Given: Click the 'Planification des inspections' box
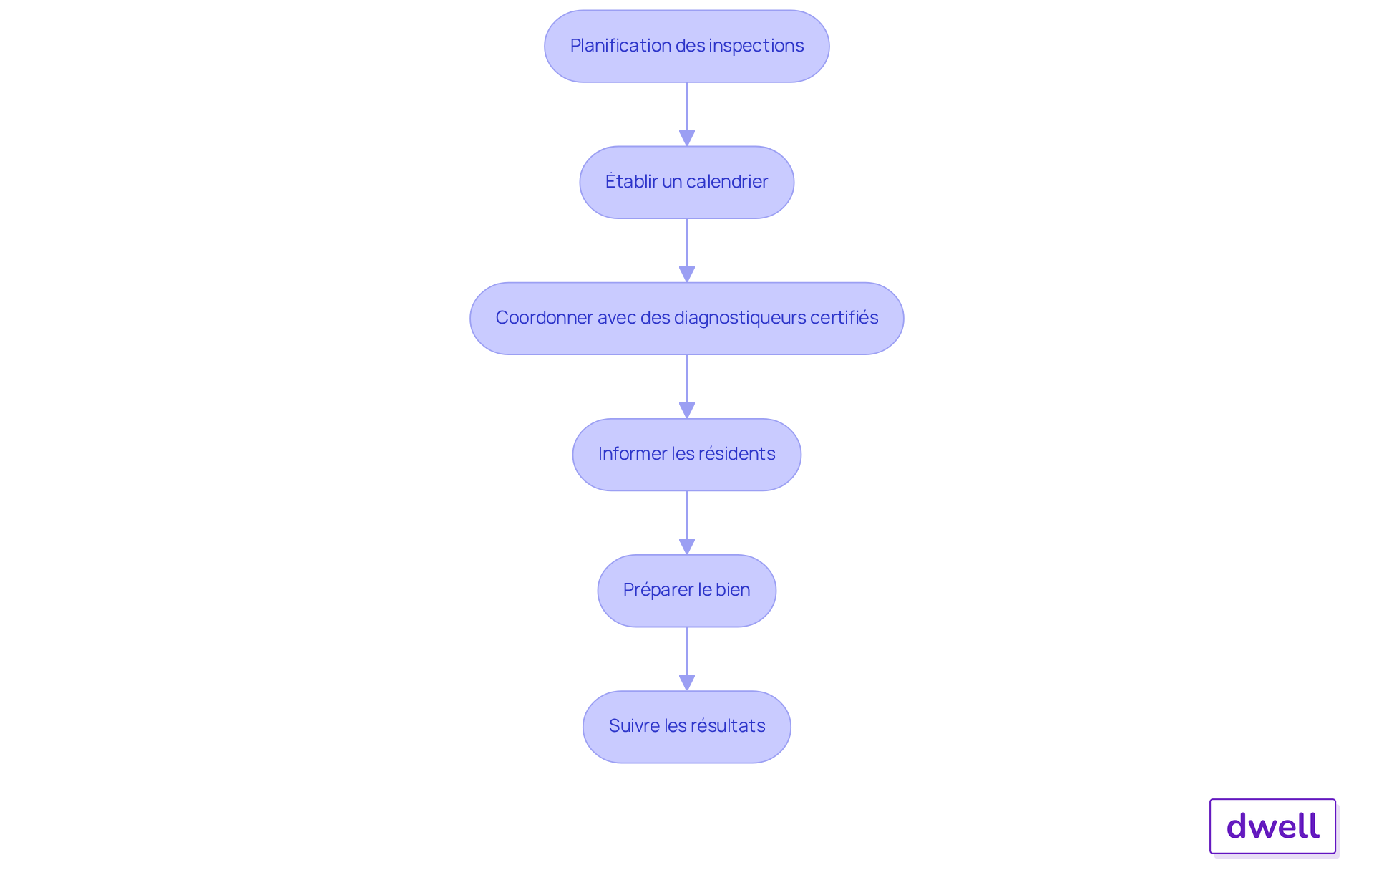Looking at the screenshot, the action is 687,46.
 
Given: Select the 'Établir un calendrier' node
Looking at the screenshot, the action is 687,182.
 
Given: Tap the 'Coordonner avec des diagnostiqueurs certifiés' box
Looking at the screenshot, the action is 687,318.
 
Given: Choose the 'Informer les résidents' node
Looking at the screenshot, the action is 687,454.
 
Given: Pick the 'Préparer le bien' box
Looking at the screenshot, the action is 687,590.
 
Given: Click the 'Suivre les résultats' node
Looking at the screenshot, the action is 687,726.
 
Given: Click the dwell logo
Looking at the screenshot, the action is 1272,826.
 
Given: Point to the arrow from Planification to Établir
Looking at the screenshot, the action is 687,115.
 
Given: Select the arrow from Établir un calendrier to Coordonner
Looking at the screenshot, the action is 687,251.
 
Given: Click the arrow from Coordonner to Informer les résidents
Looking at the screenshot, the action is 687,387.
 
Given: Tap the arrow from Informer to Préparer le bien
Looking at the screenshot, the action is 687,523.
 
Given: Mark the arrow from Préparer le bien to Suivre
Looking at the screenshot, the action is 687,659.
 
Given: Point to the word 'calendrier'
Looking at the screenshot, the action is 727,182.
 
